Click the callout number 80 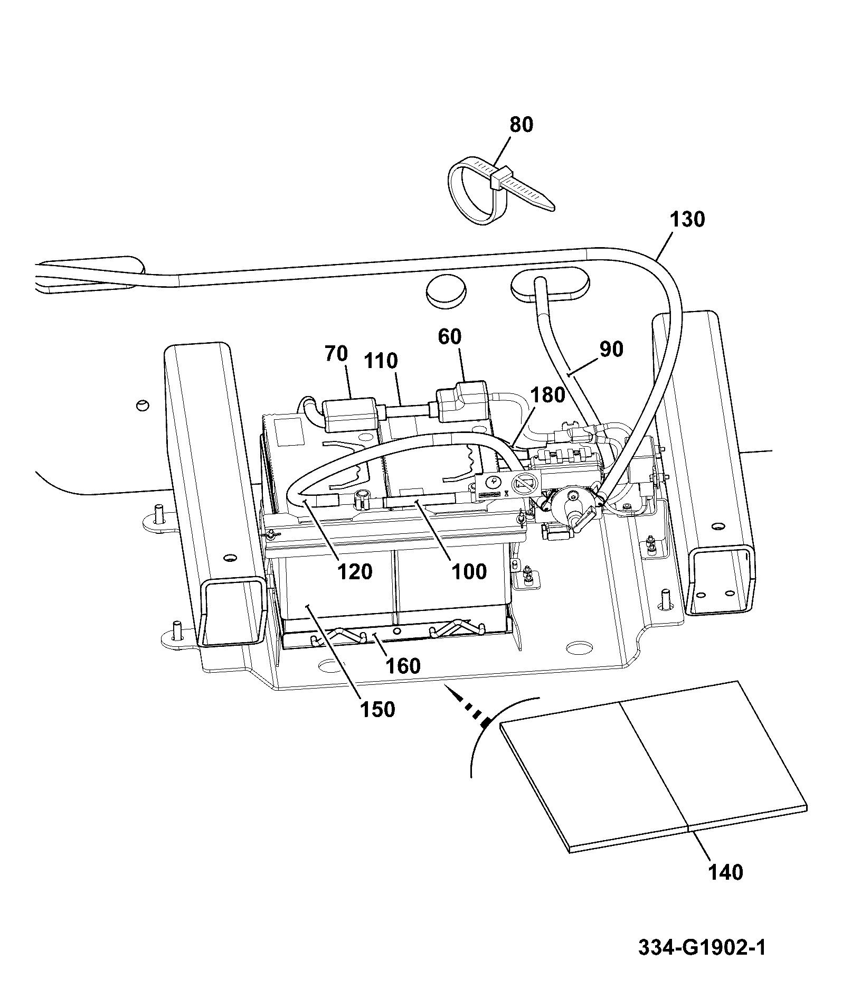[x=521, y=125]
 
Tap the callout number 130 [x=687, y=219]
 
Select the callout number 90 [x=611, y=350]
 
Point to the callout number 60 [x=450, y=337]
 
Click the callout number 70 [x=337, y=354]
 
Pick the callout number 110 [x=381, y=361]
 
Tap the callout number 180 [x=547, y=395]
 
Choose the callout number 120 [x=355, y=571]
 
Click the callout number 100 [x=469, y=571]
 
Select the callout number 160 [x=403, y=666]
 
